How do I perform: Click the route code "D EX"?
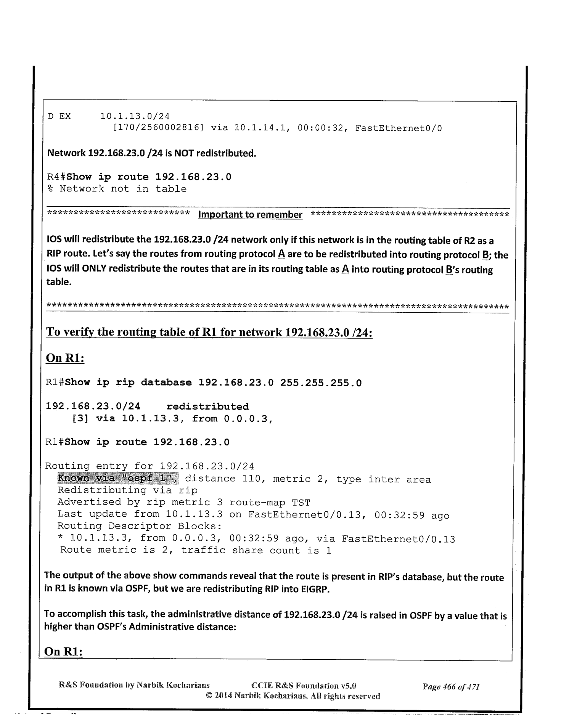(59, 116)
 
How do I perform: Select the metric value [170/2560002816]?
(158, 128)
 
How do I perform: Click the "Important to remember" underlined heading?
(250, 215)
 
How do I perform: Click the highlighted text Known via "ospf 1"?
(118, 478)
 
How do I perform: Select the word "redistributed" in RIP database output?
(208, 406)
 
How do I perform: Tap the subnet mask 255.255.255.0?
(321, 382)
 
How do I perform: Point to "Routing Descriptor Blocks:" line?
(140, 526)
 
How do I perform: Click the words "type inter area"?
(383, 479)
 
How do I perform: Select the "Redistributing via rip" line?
(127, 490)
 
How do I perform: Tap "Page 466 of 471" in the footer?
(451, 687)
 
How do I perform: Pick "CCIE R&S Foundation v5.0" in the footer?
(304, 686)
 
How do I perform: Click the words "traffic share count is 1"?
(256, 550)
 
